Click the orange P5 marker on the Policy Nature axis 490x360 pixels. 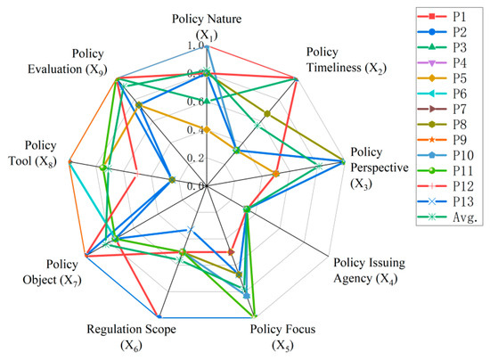206,130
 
